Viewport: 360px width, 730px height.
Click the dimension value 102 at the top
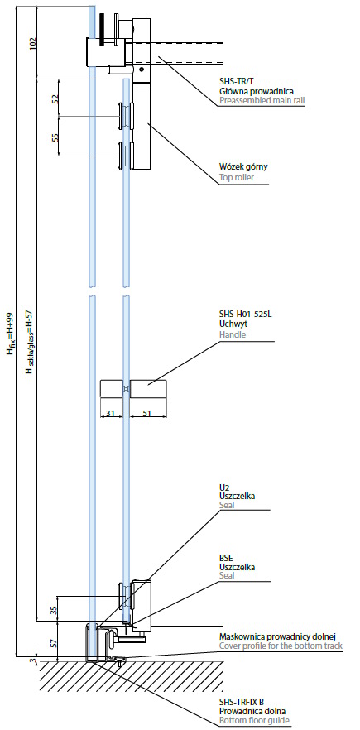click(32, 44)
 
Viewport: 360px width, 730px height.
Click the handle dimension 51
click(148, 414)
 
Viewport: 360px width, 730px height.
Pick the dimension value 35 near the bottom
click(53, 609)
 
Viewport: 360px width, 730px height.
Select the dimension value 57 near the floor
click(53, 643)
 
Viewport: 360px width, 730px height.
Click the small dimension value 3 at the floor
click(32, 660)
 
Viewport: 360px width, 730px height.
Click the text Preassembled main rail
click(262, 100)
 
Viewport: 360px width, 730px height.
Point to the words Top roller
click(237, 177)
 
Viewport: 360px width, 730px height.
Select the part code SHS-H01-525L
click(245, 315)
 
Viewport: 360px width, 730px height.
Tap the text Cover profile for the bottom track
click(281, 646)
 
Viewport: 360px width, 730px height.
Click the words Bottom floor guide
click(254, 721)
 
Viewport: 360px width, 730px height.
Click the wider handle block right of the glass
click(149, 389)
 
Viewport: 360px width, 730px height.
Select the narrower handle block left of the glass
click(111, 389)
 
